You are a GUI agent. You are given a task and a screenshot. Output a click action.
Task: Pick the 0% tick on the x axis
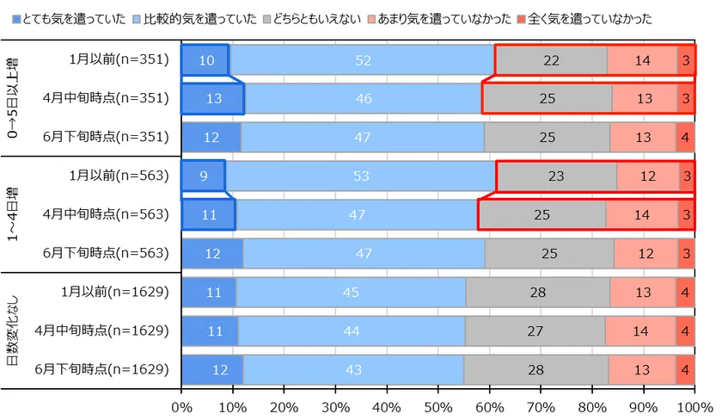coord(182,405)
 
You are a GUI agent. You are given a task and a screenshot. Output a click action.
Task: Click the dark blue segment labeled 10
coord(205,60)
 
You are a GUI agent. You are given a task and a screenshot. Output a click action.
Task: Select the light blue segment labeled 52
coord(363,60)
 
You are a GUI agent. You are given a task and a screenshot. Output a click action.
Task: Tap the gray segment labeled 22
coord(551,60)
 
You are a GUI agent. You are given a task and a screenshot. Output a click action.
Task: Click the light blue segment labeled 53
coord(361,176)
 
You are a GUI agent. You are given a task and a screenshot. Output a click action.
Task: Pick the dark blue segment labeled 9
coord(203,176)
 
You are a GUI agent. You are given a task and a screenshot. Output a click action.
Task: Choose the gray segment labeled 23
coord(556,176)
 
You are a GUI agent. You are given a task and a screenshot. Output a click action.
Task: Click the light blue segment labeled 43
coord(353,370)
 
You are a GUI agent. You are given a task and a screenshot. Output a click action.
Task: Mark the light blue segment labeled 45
coord(351,293)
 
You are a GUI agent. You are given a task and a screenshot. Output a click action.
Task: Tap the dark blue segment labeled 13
coord(213,99)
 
